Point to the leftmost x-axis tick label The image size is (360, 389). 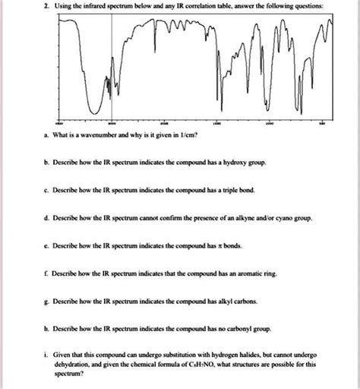[59, 122]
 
